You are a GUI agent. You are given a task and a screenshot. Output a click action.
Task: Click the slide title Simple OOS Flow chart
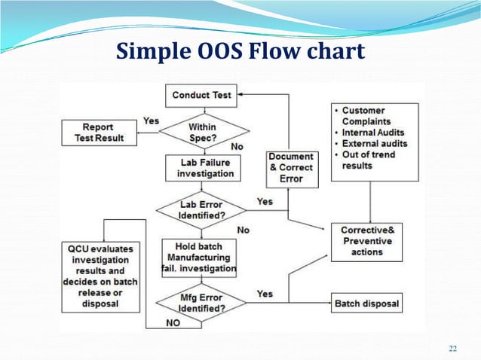240,50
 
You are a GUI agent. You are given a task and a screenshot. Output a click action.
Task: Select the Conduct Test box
202,96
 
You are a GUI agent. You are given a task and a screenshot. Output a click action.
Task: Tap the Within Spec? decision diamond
202,132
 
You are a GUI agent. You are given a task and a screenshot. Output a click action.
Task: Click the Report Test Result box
98,133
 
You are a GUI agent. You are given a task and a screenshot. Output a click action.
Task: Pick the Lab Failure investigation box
201,167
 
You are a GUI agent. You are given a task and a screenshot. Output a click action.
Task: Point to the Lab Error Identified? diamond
201,210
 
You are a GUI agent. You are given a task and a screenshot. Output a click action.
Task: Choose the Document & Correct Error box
290,167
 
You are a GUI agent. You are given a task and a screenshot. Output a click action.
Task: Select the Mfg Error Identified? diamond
201,302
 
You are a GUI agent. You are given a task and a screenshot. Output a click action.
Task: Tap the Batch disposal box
366,304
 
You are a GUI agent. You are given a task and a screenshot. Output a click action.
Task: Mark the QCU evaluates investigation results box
102,276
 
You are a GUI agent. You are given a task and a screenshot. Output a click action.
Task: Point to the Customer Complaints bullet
368,115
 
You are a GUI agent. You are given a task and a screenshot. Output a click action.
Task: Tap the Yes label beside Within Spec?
151,121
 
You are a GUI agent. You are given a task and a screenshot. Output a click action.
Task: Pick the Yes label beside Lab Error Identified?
265,202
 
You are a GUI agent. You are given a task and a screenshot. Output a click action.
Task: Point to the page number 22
452,347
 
